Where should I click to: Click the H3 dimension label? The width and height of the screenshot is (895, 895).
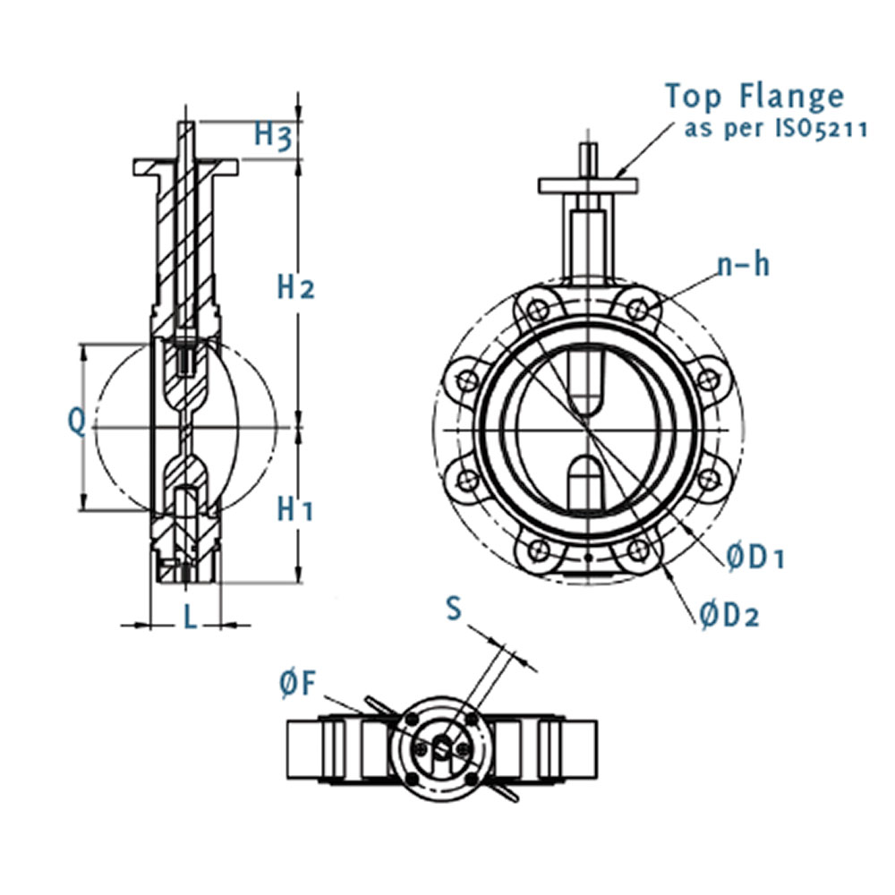pyautogui.click(x=273, y=135)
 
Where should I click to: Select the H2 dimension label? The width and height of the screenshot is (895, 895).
pyautogui.click(x=295, y=287)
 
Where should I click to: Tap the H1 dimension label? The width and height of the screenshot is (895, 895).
pyautogui.click(x=295, y=509)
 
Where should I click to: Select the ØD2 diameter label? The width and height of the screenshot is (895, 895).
pyautogui.click(x=729, y=615)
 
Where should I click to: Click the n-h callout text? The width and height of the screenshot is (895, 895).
pyautogui.click(x=742, y=265)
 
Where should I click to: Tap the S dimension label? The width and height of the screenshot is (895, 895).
pyautogui.click(x=455, y=609)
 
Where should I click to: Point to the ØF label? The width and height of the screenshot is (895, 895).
pyautogui.click(x=297, y=685)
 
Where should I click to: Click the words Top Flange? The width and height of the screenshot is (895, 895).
pyautogui.click(x=754, y=96)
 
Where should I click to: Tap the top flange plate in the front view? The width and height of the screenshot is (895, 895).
pyautogui.click(x=588, y=185)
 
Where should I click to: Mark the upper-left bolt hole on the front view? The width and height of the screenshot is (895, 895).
pyautogui.click(x=537, y=311)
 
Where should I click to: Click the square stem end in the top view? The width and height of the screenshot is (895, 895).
pyautogui.click(x=444, y=748)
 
